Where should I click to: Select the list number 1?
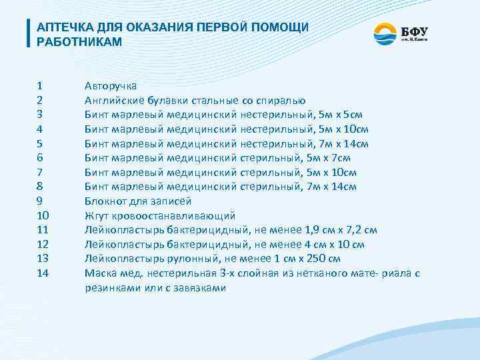[x=40, y=86]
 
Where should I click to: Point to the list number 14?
[x=43, y=273]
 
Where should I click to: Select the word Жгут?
[x=96, y=215]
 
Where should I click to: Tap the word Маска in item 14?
[x=99, y=273]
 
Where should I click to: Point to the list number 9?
[x=40, y=201]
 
